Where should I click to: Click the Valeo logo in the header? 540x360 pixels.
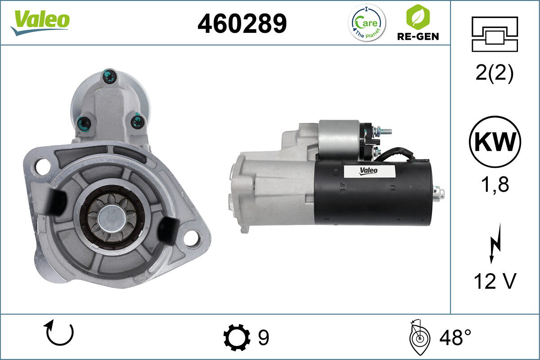coord(40,22)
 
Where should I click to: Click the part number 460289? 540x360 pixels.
coord(242,23)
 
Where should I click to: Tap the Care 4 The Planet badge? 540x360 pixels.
coord(367,22)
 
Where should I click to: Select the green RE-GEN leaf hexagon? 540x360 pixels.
coord(418,17)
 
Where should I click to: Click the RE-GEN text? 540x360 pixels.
coord(418,36)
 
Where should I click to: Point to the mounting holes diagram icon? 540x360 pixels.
coord(495,34)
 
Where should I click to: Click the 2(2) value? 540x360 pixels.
coord(495,73)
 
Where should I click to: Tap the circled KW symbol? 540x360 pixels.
coord(495,142)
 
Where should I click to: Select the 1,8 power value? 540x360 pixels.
coord(495,184)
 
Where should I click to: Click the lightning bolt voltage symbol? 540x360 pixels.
coord(495,243)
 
